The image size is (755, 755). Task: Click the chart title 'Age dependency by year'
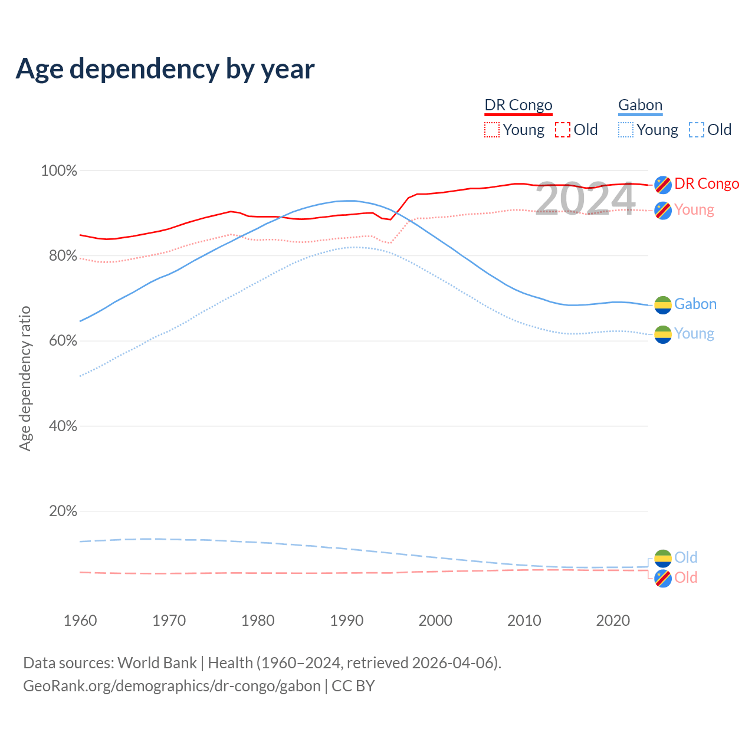click(165, 69)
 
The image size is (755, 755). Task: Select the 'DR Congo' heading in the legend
click(518, 105)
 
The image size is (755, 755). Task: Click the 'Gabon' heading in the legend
click(640, 105)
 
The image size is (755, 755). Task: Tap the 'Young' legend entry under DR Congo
click(523, 130)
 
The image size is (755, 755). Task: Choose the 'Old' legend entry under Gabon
click(719, 130)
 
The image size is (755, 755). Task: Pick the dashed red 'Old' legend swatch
click(563, 130)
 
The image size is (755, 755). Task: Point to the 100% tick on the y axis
click(59, 171)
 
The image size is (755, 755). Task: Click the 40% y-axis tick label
click(63, 426)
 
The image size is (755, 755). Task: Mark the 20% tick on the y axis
click(63, 511)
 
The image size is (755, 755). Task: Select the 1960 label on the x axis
click(80, 621)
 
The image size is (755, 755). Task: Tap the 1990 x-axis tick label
click(347, 621)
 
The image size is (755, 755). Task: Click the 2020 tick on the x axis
click(613, 621)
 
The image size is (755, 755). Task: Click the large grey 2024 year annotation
click(585, 199)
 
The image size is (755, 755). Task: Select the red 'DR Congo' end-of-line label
click(707, 184)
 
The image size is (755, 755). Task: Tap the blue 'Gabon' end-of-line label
click(695, 304)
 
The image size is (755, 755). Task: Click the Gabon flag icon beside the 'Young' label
click(663, 334)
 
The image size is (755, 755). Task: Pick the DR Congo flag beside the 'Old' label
click(663, 579)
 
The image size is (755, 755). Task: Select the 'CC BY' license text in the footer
click(353, 686)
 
